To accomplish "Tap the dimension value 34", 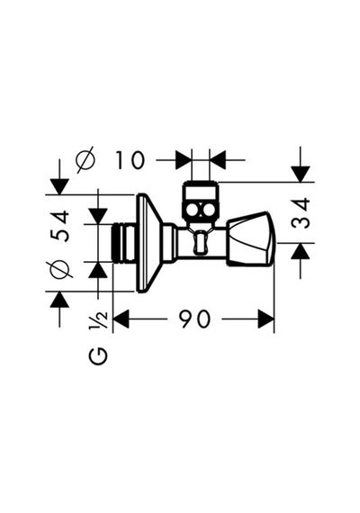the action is click(x=301, y=213).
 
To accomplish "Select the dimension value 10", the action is click(x=130, y=160).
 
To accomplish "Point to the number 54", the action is click(x=61, y=227).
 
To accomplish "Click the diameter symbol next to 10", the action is click(x=85, y=159).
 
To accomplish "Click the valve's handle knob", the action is click(x=251, y=238).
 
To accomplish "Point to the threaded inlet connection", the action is click(x=125, y=242).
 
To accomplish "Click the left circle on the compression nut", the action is click(x=193, y=211).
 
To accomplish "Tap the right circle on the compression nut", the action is click(x=208, y=211).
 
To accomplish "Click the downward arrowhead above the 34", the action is click(x=301, y=174).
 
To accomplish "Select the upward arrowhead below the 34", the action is click(x=301, y=251).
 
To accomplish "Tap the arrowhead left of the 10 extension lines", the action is click(x=184, y=160).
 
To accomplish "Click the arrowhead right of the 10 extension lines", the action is click(x=218, y=160).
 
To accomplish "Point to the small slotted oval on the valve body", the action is click(x=201, y=242).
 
